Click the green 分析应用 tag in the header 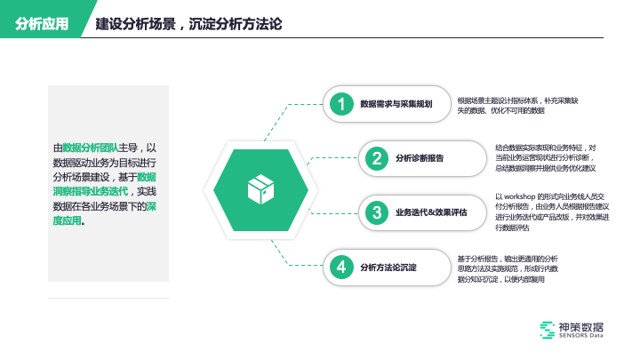point(42,23)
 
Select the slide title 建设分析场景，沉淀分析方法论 point(188,23)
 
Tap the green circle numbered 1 point(340,105)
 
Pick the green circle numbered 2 point(377,159)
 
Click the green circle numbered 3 point(377,212)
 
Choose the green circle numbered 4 point(340,267)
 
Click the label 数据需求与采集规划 point(396,105)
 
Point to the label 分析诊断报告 point(420,159)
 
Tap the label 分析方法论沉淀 point(388,267)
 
